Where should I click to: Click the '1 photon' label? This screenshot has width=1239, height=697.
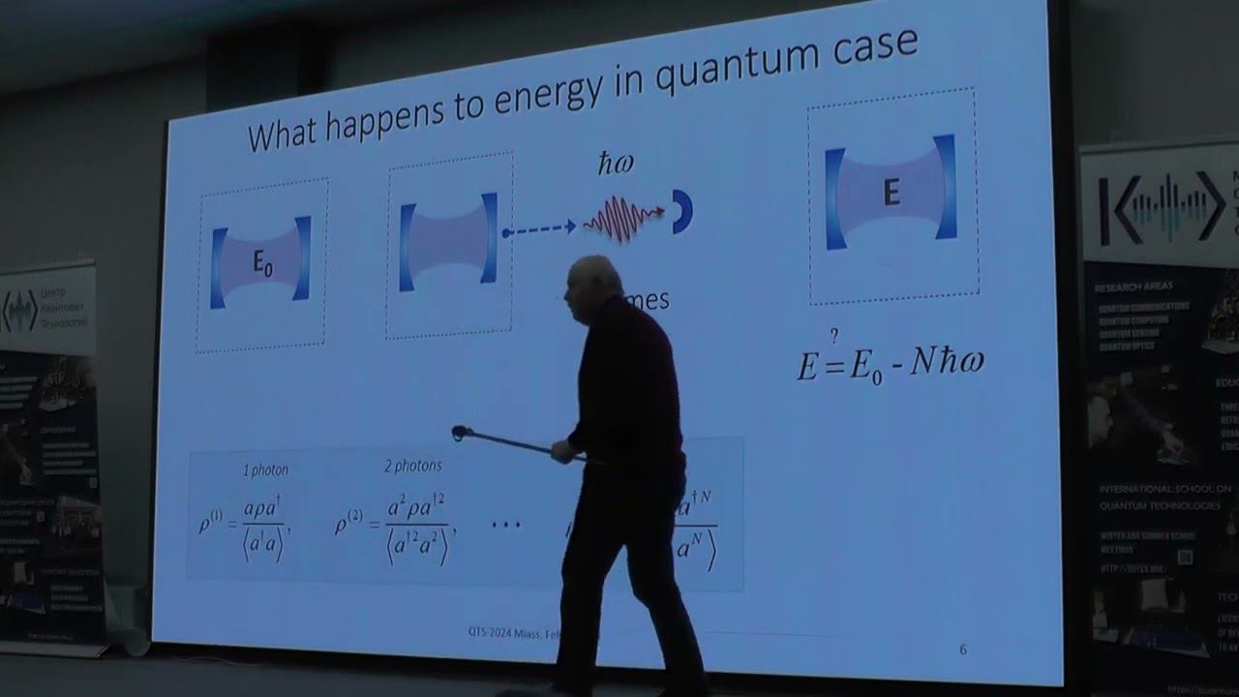click(264, 470)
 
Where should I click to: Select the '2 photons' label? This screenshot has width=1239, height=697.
click(412, 466)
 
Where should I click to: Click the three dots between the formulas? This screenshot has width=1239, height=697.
click(505, 525)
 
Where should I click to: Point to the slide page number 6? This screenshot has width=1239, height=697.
click(962, 650)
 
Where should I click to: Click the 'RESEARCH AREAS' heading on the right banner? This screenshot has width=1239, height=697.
click(1133, 287)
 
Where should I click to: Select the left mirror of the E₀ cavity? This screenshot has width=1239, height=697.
click(218, 268)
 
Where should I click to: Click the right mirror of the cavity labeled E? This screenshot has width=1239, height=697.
click(945, 187)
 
